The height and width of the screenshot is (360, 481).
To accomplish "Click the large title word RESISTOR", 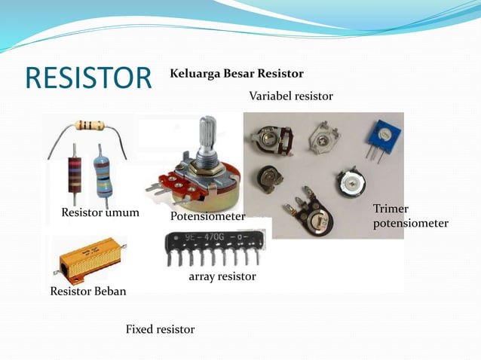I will point(88,78).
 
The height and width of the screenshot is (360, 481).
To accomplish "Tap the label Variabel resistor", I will point(290,96).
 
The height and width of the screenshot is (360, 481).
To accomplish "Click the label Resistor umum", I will point(100,212).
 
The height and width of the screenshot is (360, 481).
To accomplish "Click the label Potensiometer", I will point(208,216).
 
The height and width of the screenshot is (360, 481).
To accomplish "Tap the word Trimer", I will point(390,208).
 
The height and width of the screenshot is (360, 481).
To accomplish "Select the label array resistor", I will point(222,276).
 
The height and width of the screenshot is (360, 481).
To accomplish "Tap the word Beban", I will point(110,291).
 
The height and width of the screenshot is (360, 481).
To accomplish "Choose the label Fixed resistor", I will point(160,329).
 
